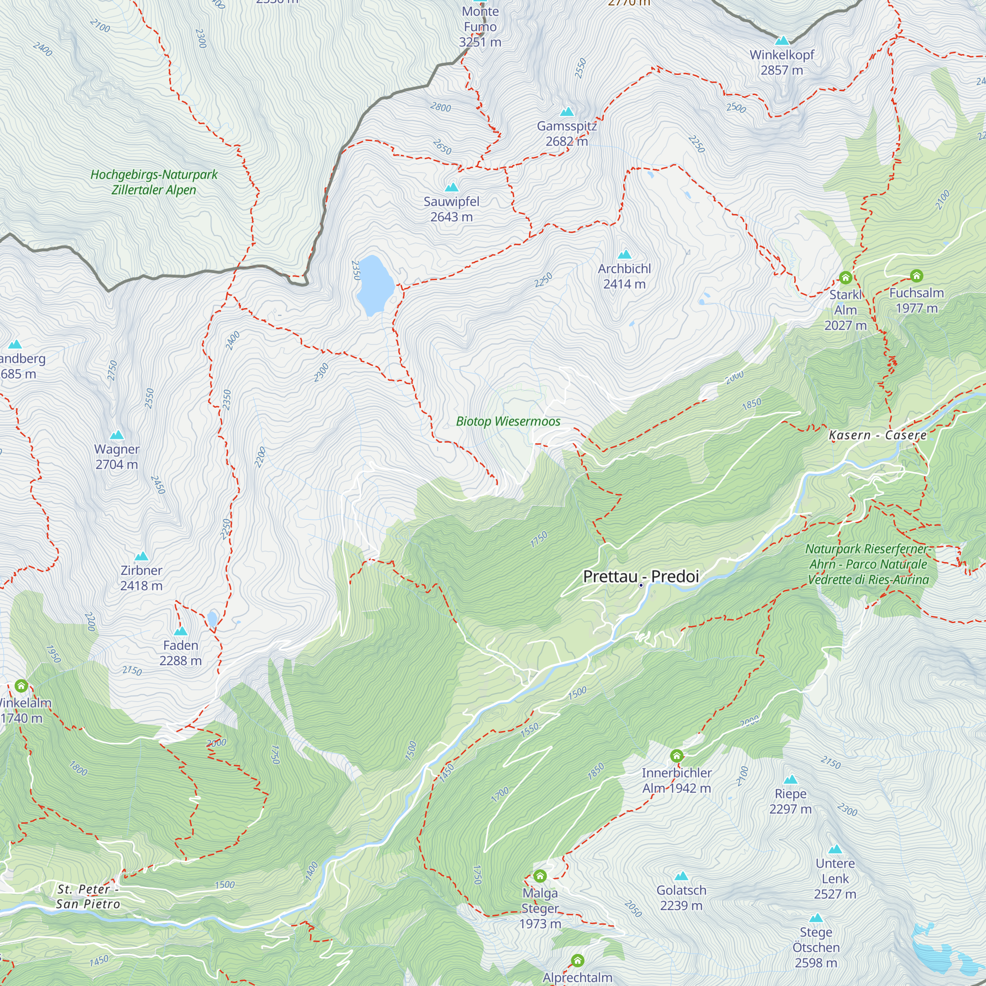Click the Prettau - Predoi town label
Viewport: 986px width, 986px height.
coord(640,576)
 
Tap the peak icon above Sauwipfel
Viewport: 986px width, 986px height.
coord(451,187)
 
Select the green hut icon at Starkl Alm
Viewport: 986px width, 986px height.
coord(845,278)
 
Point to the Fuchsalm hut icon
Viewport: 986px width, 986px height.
coord(916,276)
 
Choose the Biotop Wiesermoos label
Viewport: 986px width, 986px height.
coord(508,421)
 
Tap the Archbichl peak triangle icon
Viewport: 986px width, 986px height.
coord(624,254)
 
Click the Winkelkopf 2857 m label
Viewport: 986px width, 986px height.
coord(781,62)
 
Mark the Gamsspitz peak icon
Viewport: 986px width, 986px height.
coord(566,111)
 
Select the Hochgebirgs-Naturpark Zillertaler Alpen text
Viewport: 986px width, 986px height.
coord(154,182)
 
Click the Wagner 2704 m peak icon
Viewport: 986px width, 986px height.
coord(117,435)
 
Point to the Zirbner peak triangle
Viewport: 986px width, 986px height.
coord(141,556)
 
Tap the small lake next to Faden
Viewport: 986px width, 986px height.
coord(212,619)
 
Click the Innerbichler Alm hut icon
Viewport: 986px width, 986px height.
coord(676,755)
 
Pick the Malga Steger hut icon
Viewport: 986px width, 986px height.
coord(540,876)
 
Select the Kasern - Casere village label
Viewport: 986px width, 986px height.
coord(878,435)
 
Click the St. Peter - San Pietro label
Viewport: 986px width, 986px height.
coord(88,897)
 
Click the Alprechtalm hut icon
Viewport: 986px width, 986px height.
coord(577,960)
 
